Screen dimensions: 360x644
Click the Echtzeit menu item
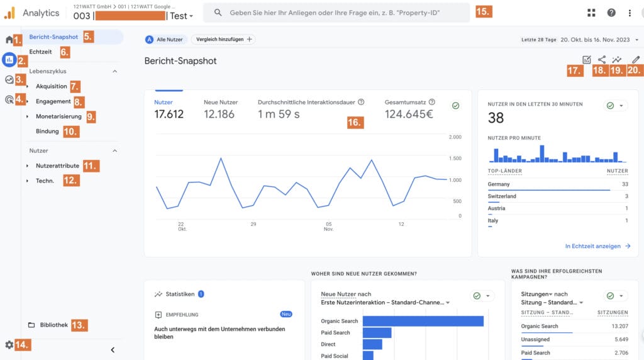[41, 52]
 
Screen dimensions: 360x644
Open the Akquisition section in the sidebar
[52, 86]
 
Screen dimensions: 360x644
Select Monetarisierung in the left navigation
[58, 116]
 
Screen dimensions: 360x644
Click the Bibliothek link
[53, 325]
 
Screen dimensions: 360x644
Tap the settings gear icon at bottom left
[9, 345]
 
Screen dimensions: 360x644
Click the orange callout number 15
[484, 12]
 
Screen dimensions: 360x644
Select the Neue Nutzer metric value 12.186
[219, 114]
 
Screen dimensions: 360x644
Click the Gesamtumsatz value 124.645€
[409, 114]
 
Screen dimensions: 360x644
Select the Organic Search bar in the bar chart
[423, 321]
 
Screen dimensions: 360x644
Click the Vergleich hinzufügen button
[223, 39]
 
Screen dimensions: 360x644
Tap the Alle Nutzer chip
[165, 39]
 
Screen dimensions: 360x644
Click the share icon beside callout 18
[602, 60]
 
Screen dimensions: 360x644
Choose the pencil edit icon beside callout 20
[636, 60]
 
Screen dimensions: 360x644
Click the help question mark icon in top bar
[611, 13]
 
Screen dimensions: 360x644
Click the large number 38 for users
[496, 118]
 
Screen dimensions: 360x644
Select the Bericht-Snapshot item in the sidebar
[53, 37]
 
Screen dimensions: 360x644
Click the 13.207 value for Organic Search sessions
[617, 326]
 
